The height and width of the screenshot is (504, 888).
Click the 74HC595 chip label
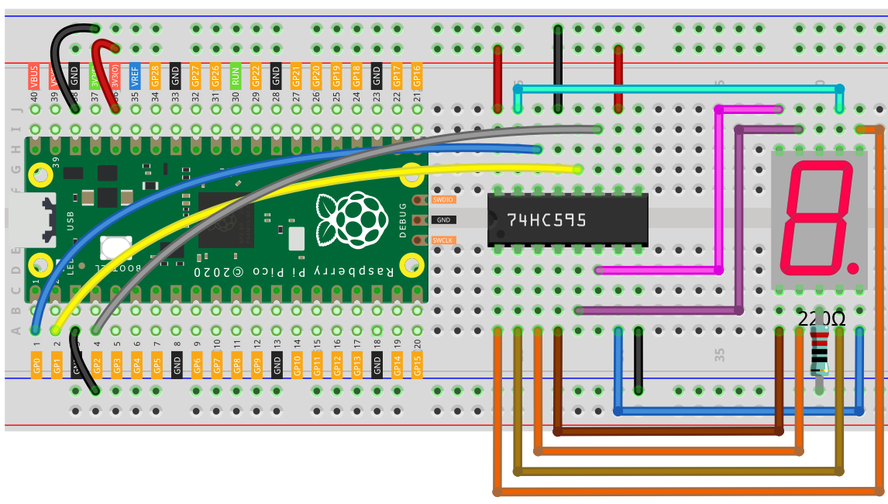click(x=546, y=220)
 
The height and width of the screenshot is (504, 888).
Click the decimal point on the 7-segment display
click(x=853, y=268)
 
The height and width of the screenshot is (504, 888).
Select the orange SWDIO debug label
click(x=443, y=199)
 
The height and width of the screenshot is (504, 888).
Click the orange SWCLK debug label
click(x=443, y=240)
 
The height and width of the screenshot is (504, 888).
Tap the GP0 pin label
click(x=36, y=364)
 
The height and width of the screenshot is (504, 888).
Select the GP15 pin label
click(x=418, y=364)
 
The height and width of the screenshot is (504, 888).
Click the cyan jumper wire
click(x=678, y=89)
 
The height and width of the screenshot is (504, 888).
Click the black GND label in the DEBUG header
click(x=444, y=220)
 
